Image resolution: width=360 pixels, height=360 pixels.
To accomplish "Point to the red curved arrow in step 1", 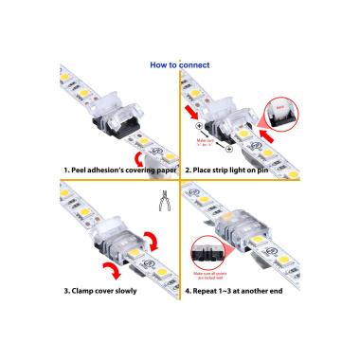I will pyautogui.click(x=141, y=152).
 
